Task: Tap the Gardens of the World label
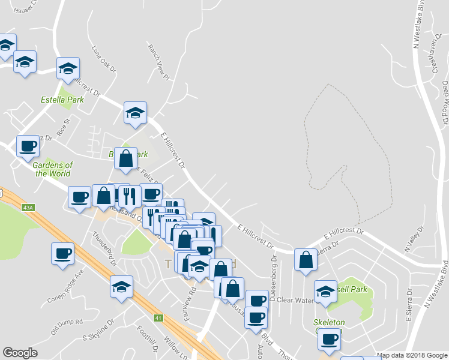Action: tap(53, 169)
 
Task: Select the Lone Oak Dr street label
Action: tap(103, 58)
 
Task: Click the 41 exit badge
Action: tap(158, 317)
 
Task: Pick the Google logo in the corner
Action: tap(20, 353)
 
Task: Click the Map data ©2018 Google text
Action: tap(412, 355)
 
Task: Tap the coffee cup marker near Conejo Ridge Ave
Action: tap(62, 253)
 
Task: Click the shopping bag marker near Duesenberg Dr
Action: tap(306, 260)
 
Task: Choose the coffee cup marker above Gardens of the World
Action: tap(28, 146)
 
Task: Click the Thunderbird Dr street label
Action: tap(104, 248)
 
